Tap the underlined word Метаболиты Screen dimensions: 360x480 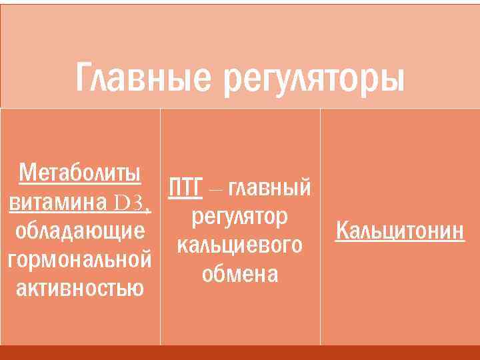click(x=80, y=173)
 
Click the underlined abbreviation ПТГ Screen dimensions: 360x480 click(x=185, y=187)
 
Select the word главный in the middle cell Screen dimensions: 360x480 click(x=269, y=189)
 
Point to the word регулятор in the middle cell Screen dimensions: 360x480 click(x=240, y=217)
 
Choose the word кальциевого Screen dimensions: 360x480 click(x=240, y=245)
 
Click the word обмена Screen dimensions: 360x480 click(x=240, y=274)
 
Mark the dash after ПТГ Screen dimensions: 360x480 click(x=215, y=189)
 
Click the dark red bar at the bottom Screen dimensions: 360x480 click(x=240, y=353)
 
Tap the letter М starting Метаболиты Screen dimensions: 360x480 click(x=26, y=173)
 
